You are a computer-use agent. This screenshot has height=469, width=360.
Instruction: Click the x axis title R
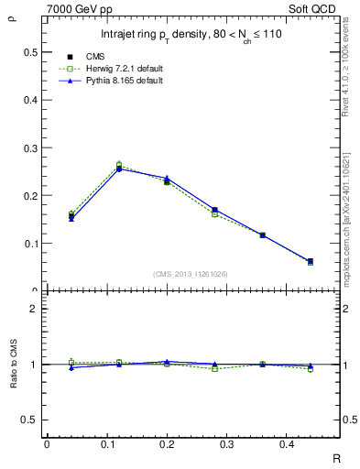pyautogui.click(x=336, y=459)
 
